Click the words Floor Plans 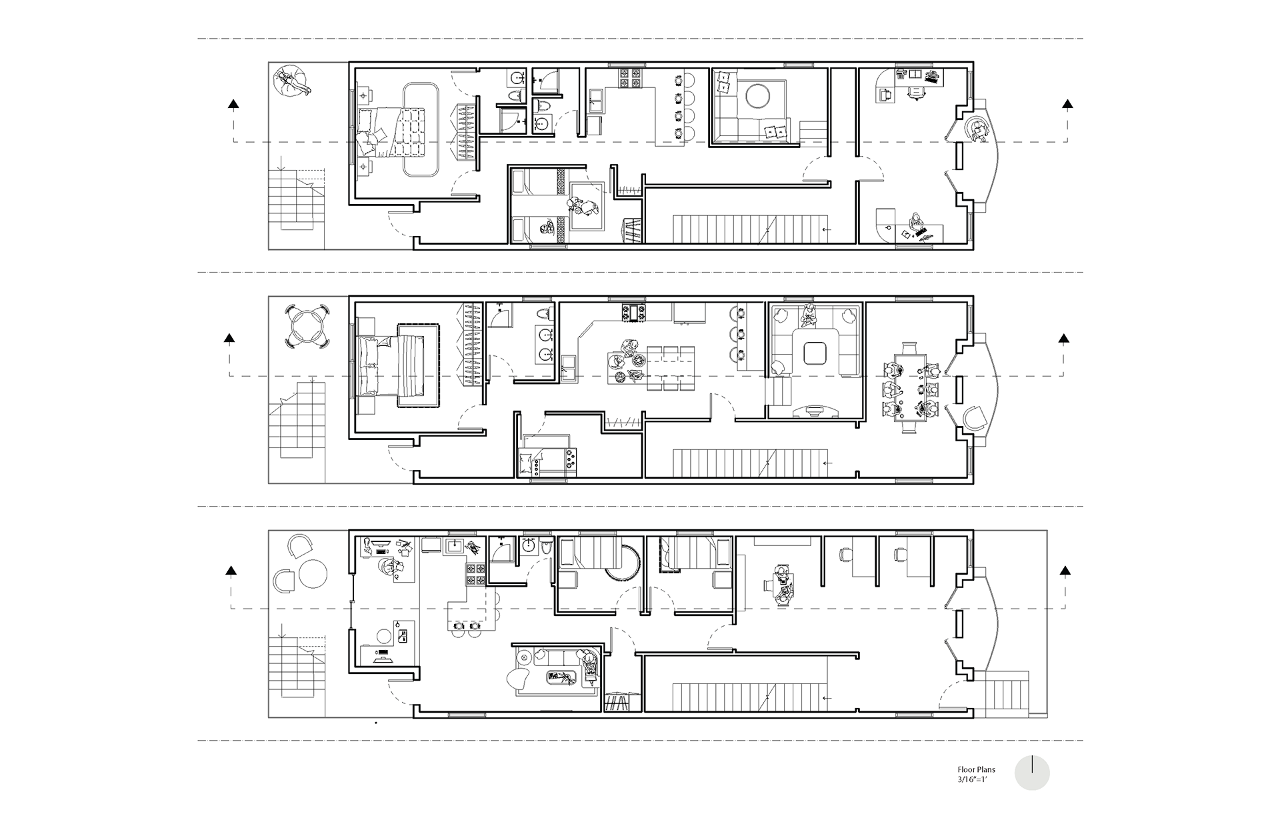click(976, 769)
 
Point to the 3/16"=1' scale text click(972, 779)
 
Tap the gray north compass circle click(1032, 773)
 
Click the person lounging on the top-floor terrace click(293, 81)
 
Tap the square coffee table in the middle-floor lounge click(815, 352)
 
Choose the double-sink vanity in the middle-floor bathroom click(545, 344)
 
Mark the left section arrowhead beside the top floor click(233, 104)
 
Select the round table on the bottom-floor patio click(313, 573)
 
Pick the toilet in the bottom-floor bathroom click(545, 547)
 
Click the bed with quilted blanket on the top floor click(399, 132)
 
